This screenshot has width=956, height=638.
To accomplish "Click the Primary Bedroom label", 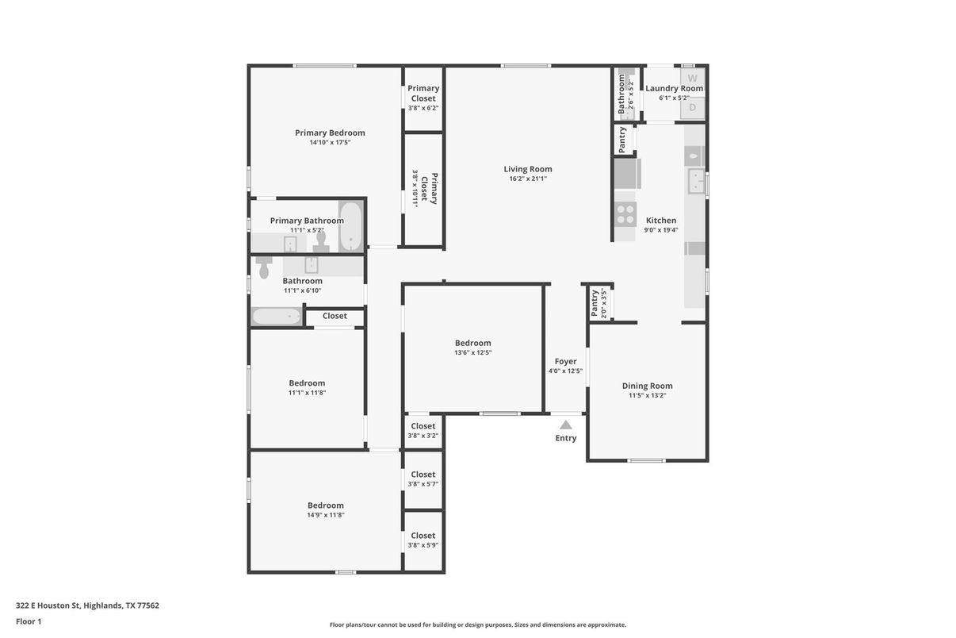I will coord(330,133).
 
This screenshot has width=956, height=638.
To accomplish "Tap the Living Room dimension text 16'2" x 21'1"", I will coord(528,179).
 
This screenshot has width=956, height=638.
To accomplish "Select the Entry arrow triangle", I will coord(565,425).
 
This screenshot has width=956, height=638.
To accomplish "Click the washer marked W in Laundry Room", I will coord(693,78).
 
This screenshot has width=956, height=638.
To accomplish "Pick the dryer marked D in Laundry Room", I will coord(693,107).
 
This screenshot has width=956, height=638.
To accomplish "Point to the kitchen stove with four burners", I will coord(625,213).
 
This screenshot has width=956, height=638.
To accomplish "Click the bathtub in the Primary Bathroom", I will coord(350,227).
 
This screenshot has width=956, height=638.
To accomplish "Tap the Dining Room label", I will coord(647,386).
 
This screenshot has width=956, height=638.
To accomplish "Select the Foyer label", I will coord(565,362).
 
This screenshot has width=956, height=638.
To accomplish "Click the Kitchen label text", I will coord(661,221).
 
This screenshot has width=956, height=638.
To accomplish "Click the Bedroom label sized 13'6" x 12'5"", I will coord(472,344).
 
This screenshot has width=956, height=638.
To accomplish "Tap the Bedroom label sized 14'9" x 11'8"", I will coord(326,505).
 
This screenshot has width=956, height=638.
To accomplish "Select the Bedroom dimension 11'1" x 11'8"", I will coord(307,393).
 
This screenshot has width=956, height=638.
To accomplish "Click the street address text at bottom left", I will coord(87,605).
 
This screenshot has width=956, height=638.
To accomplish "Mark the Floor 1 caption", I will coord(29,621).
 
